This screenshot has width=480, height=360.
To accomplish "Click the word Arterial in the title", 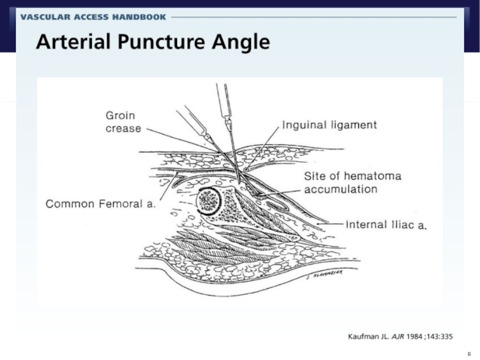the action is (73, 41).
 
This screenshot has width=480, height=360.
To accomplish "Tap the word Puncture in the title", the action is (161, 41).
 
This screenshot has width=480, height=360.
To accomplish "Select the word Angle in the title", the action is (241, 42).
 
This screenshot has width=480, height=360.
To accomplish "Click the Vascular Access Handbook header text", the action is (93, 17).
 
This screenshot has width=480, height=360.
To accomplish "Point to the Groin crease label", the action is (123, 122).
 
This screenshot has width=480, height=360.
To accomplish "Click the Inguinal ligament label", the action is (329, 125).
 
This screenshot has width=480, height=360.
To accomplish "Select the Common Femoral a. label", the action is (101, 204).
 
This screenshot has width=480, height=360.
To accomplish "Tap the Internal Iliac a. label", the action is (386, 224).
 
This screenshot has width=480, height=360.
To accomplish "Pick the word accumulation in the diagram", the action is (341, 189).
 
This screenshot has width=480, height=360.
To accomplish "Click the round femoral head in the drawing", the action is (208, 201).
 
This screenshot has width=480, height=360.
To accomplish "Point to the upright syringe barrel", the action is (223, 101).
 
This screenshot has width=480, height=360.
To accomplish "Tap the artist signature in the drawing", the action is (325, 274).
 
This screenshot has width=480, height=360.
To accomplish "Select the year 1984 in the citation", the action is (414, 337).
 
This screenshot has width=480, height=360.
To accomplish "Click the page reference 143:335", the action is (440, 337).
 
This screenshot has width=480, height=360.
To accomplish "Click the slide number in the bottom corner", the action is (469, 354).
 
